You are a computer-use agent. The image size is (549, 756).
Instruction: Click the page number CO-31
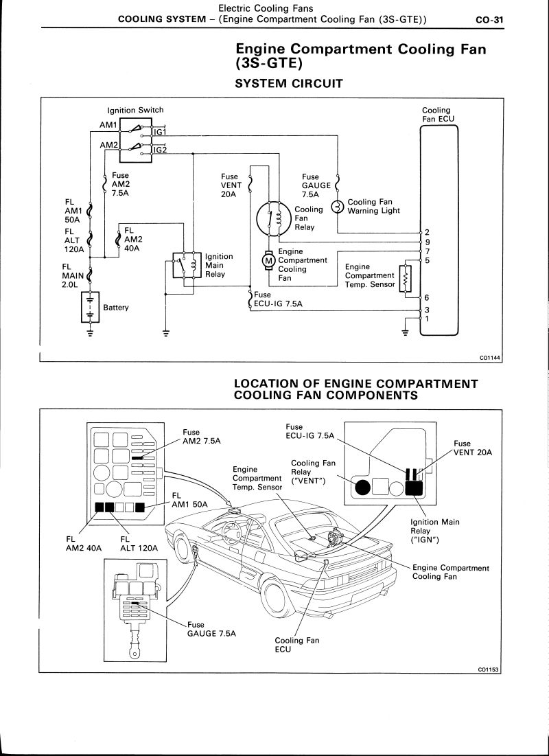[x=489, y=20]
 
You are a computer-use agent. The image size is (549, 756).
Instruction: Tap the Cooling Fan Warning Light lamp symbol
[x=337, y=207]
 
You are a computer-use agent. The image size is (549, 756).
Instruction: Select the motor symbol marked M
[x=268, y=260]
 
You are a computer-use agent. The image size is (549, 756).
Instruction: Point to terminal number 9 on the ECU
[x=428, y=242]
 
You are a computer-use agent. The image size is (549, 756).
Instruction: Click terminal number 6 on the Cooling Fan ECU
[x=427, y=298]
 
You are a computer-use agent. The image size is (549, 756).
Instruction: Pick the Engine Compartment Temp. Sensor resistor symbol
[x=405, y=279]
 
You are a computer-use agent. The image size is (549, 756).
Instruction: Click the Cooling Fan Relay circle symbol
[x=272, y=218]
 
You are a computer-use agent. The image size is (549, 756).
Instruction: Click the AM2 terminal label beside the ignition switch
[x=108, y=146]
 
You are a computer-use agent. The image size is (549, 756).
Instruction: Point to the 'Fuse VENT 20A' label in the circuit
[x=229, y=185]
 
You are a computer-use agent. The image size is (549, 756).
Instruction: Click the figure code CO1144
[x=491, y=357]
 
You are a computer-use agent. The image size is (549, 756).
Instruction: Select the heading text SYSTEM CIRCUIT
[x=288, y=84]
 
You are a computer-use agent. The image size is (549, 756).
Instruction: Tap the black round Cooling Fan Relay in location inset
[x=362, y=488]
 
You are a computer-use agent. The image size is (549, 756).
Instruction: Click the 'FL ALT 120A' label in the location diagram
[x=139, y=544]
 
